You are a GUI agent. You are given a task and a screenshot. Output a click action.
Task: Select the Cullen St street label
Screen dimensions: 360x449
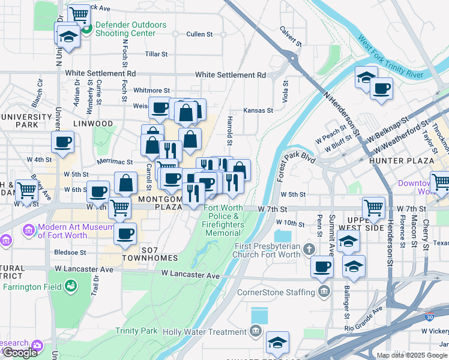coord(199,35)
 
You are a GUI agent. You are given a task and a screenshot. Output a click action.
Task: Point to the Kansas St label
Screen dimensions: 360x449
coord(258,110)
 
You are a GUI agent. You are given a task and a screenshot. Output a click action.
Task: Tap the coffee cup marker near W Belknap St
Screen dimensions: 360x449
coord(381,89)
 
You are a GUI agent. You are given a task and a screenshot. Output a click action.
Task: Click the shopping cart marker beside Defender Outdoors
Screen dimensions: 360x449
coord(79,14)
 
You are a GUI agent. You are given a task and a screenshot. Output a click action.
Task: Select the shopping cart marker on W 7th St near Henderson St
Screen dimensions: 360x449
coord(373,208)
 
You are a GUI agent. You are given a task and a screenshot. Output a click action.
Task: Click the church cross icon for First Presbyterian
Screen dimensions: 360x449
coord(309,248)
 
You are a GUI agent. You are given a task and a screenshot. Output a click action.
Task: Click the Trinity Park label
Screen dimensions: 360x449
coord(136,331)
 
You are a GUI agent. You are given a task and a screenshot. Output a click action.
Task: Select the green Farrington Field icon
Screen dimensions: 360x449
coord(71,287)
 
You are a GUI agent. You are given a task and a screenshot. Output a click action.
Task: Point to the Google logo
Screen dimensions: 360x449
coord(20,352)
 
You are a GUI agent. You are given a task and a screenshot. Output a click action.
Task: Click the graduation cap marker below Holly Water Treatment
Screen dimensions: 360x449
coord(277,343)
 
